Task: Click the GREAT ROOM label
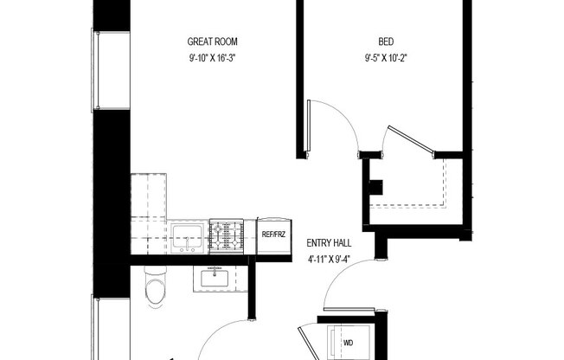[213, 42]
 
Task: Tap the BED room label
[387, 42]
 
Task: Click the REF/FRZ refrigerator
[274, 235]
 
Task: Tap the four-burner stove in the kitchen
[231, 235]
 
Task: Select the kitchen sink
[188, 235]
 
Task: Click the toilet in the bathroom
[154, 286]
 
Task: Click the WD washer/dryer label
[348, 344]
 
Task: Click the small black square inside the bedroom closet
[375, 185]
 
